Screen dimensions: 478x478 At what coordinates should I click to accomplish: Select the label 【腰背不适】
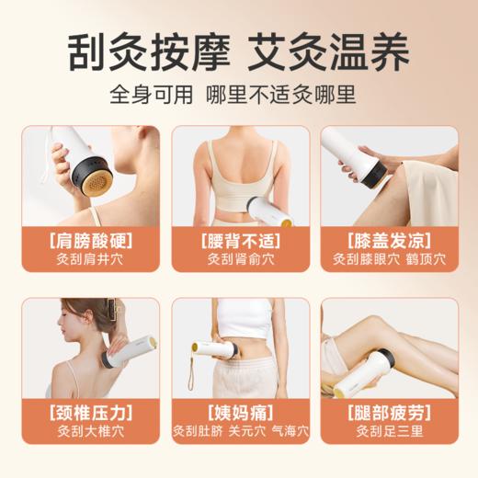tap(239, 242)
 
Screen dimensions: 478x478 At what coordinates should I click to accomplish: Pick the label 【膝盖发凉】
tap(389, 242)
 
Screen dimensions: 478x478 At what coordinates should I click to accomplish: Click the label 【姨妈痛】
tap(239, 411)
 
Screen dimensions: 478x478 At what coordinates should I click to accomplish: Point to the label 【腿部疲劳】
tap(389, 411)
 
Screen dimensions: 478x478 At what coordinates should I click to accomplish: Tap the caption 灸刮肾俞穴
tap(239, 260)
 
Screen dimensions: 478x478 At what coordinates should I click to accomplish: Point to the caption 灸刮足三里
tap(389, 429)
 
